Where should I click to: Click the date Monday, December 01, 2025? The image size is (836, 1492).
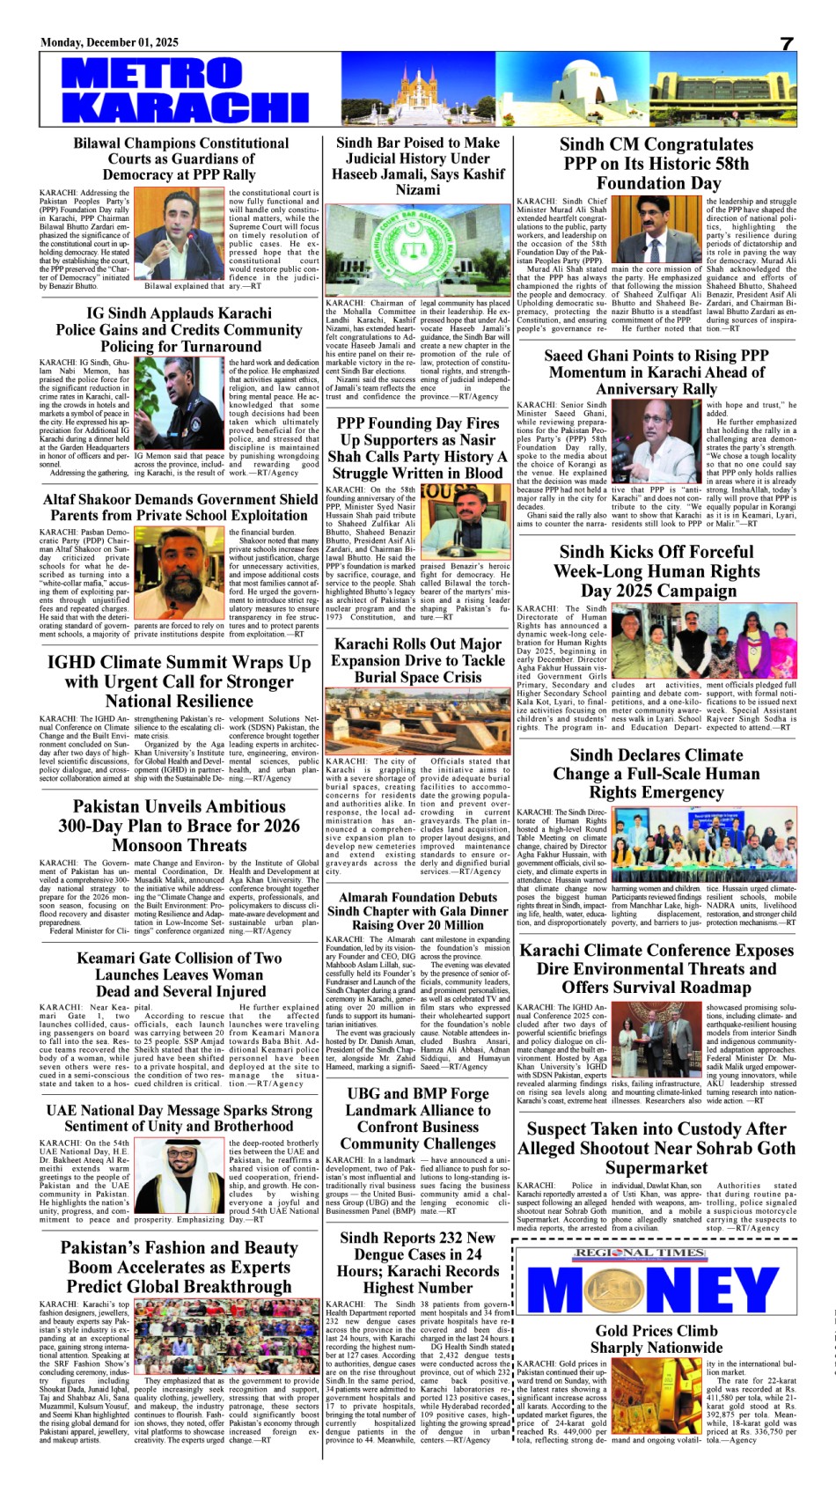coord(109,42)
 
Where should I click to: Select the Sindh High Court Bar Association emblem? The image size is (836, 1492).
coord(417,248)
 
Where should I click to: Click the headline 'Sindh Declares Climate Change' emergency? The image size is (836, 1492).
coord(656,773)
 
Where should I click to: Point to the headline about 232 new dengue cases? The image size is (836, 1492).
coord(419,1262)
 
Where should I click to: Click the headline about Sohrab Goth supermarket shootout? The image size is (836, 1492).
coord(656,1148)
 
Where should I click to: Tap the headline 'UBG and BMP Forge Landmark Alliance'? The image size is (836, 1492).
coord(419,1118)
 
